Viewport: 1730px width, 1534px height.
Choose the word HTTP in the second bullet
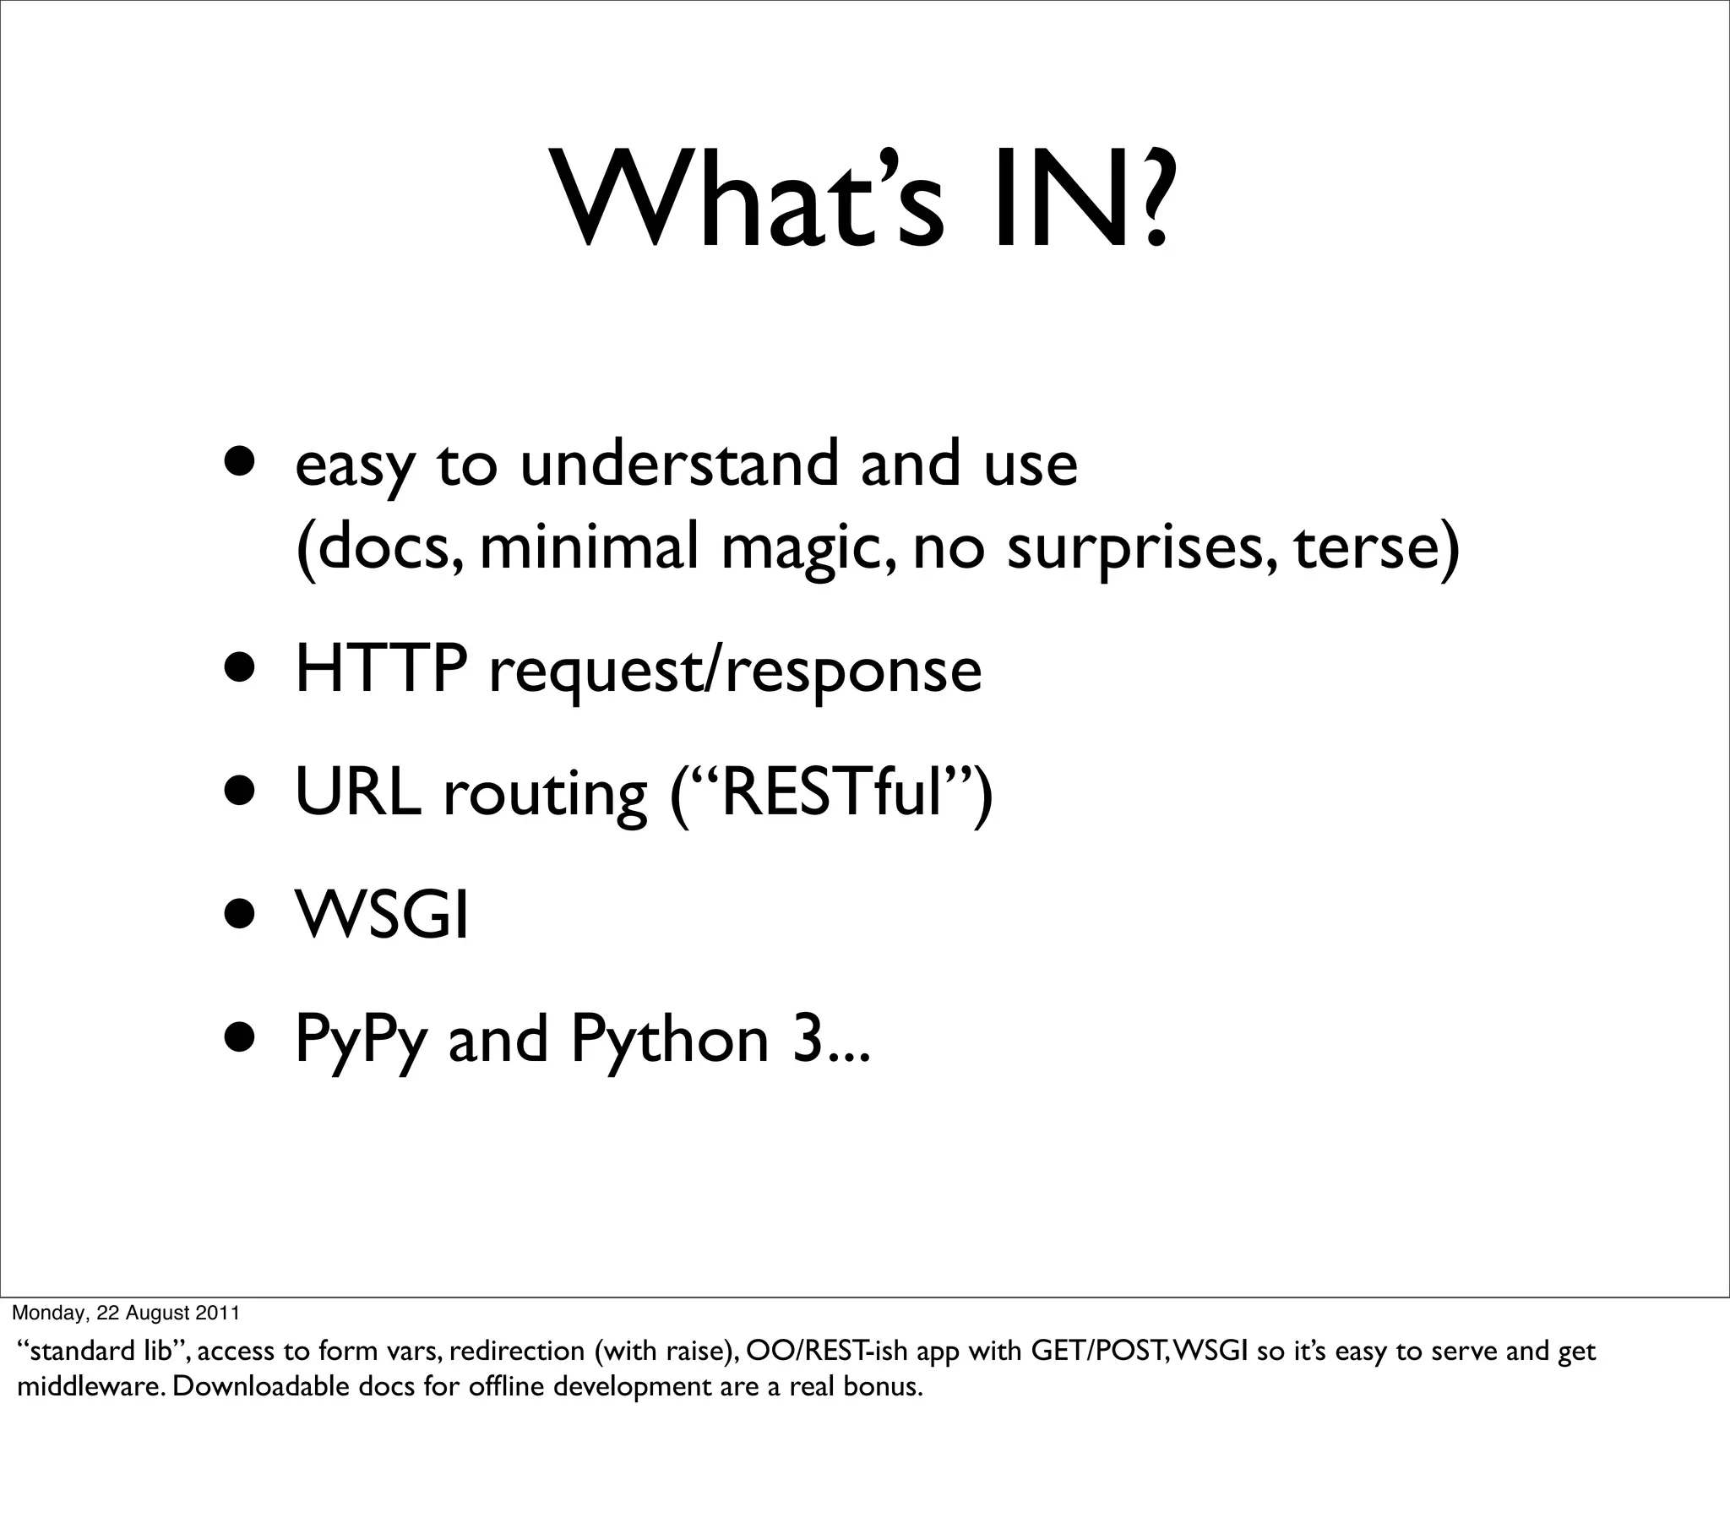pos(381,669)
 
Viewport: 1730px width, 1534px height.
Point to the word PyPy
pos(360,1042)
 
